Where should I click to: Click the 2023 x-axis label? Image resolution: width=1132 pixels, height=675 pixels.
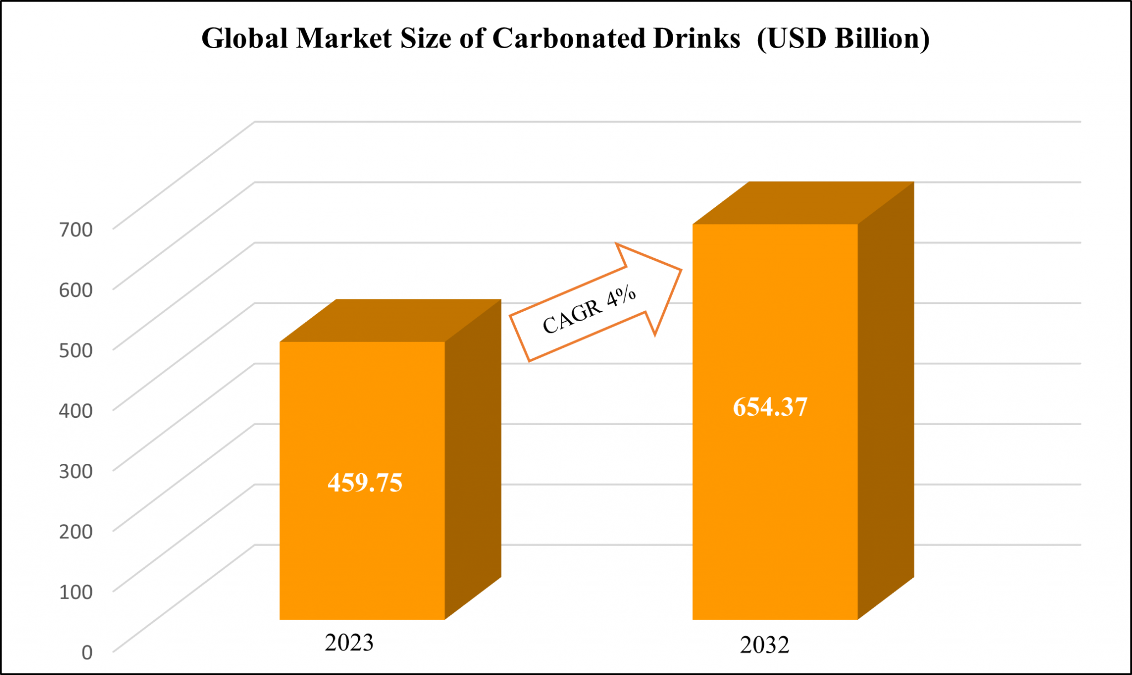click(x=349, y=642)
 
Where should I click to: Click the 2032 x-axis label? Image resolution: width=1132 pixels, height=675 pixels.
click(x=764, y=645)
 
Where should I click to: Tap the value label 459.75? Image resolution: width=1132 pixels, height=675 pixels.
click(x=365, y=483)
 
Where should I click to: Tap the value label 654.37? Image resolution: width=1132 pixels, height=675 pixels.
click(x=770, y=407)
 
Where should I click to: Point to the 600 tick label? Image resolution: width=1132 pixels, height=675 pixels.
click(x=76, y=290)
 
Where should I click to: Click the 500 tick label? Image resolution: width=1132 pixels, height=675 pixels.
click(x=76, y=350)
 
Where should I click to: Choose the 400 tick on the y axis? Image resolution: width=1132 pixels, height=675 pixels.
click(x=76, y=410)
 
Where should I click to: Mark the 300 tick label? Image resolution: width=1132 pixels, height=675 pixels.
click(x=76, y=471)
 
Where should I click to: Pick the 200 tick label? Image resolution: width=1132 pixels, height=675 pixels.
click(x=76, y=531)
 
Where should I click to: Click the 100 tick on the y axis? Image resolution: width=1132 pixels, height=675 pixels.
click(x=76, y=592)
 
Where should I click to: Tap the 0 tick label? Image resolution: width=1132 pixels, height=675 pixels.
click(x=87, y=652)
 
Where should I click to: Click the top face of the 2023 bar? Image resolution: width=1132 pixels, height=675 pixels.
click(x=390, y=321)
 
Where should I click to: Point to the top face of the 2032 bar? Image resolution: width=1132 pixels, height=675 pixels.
click(x=803, y=203)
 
